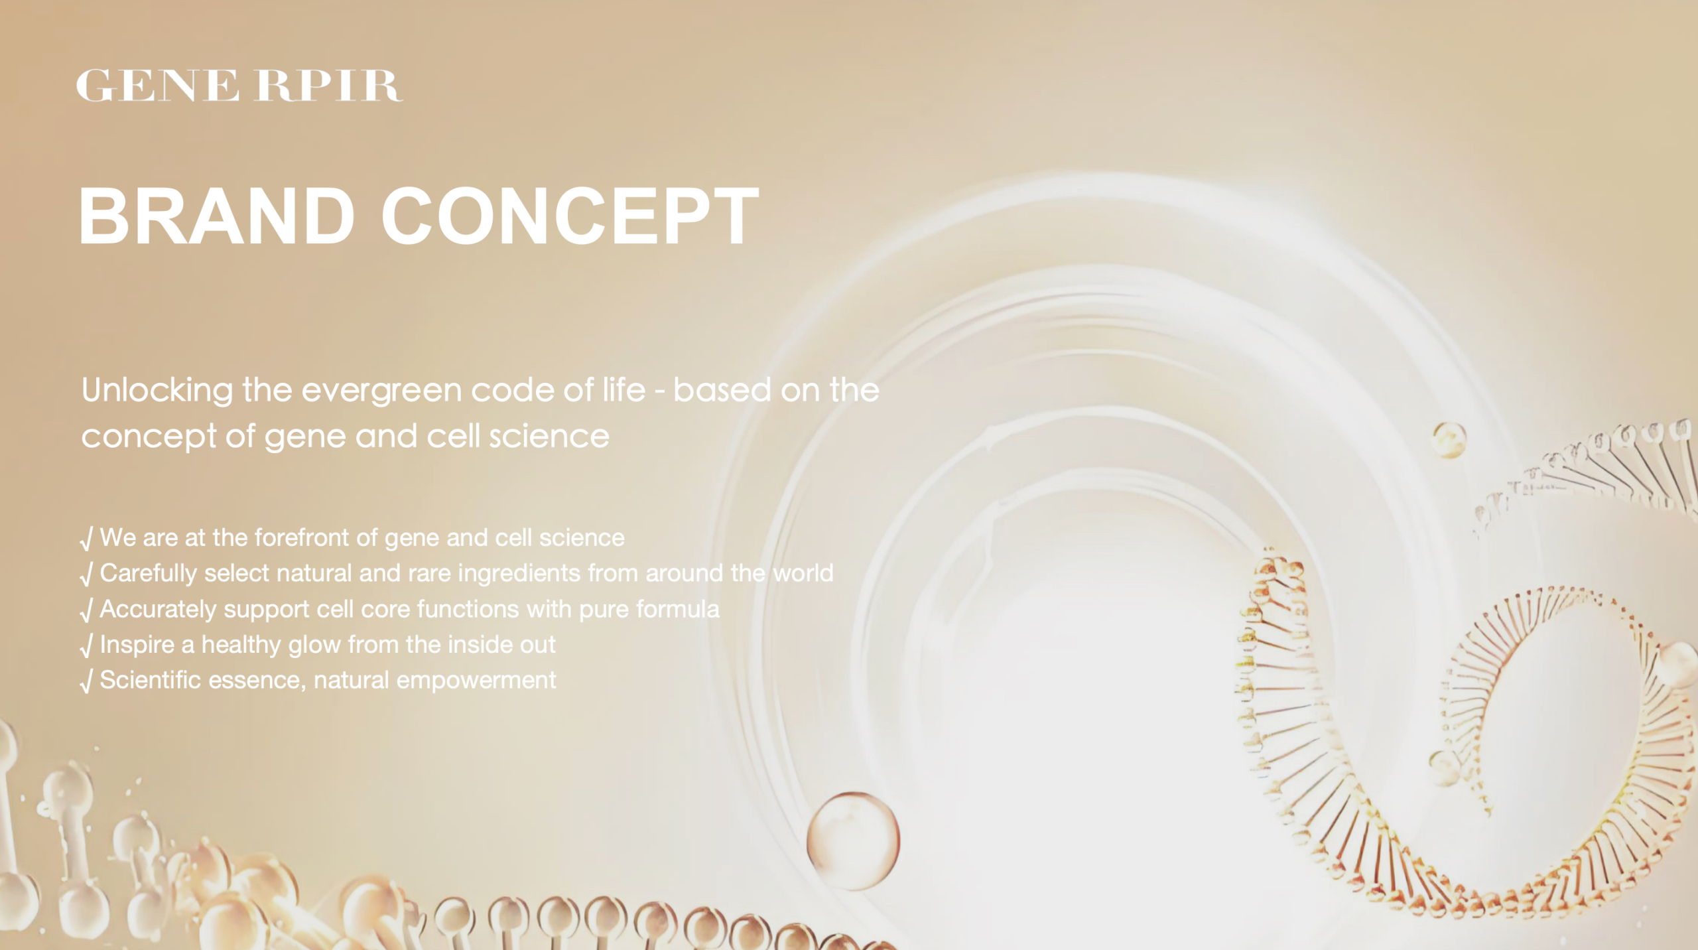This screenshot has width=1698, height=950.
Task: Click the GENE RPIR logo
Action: (239, 86)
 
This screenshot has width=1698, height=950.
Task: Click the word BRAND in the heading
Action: (217, 216)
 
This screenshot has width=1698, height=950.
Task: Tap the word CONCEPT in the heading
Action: (570, 216)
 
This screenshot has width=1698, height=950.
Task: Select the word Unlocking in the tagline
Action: (157, 391)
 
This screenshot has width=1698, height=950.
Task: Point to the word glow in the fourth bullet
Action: (315, 645)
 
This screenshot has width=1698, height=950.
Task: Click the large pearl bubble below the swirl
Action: (853, 841)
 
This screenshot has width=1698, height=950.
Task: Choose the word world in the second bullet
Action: (803, 573)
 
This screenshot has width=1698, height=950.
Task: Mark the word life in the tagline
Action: (623, 389)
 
